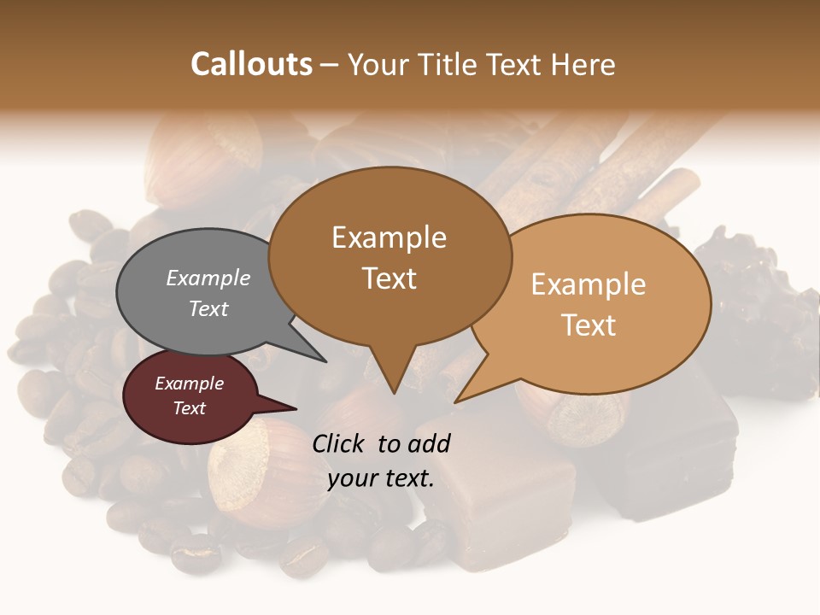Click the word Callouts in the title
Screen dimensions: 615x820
pos(251,64)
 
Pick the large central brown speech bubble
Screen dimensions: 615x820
pos(389,256)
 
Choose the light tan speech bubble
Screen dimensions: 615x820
pos(589,304)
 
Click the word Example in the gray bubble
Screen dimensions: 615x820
pos(208,278)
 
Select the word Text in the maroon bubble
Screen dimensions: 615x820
pos(190,408)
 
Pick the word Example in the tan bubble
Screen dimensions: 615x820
pos(589,284)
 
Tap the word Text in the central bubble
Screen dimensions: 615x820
pos(389,278)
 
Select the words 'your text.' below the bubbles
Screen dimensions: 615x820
pos(381,478)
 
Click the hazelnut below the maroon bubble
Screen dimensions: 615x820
pos(256,474)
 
